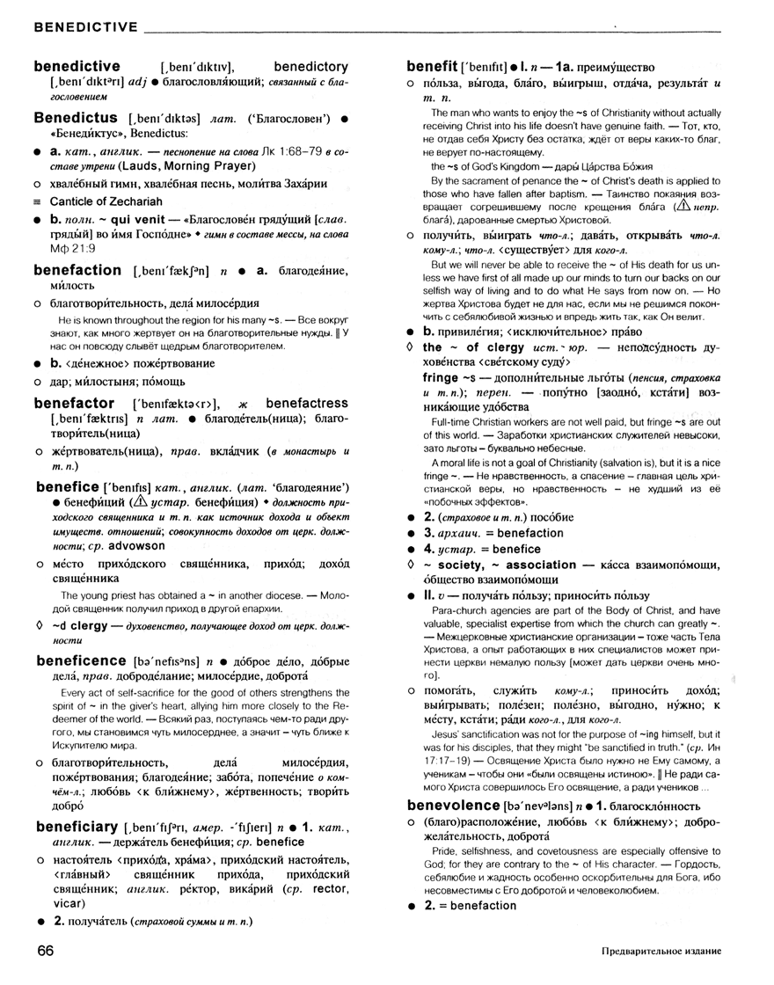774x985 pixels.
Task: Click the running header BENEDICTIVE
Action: point(85,28)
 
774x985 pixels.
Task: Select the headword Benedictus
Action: point(76,117)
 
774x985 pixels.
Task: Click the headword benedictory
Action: point(310,66)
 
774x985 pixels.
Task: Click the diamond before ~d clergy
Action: point(37,626)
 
